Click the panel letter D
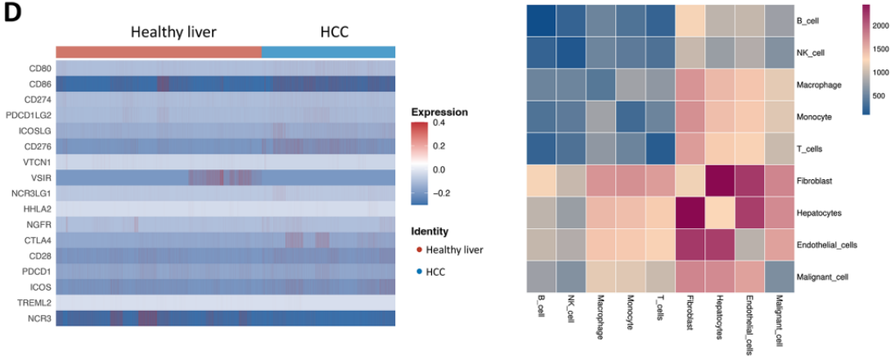tap(13, 16)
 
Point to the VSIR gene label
tap(40, 177)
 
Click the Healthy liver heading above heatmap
tap(174, 33)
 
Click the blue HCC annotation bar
tap(328, 52)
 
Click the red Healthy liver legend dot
tap(420, 249)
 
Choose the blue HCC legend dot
tap(420, 271)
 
